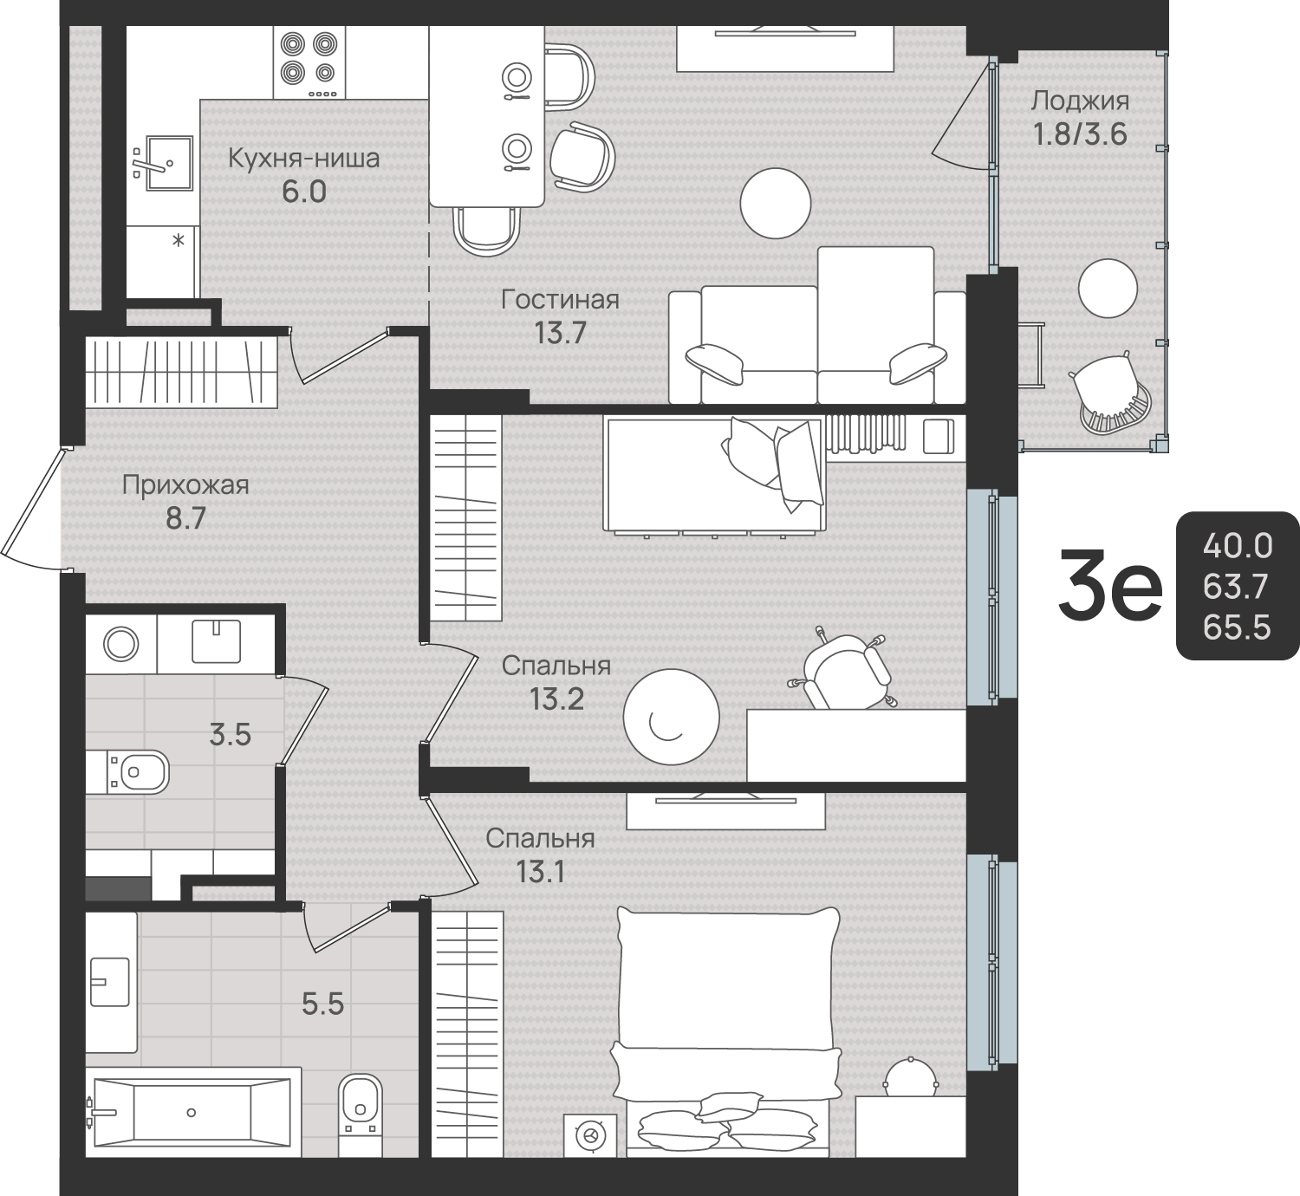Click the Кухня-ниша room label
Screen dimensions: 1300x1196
(304, 159)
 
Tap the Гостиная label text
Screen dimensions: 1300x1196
(561, 300)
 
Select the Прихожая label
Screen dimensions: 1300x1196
(186, 484)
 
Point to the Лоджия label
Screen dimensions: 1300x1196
(1080, 101)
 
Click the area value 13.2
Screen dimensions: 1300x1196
(556, 699)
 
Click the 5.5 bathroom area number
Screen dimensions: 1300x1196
(322, 1004)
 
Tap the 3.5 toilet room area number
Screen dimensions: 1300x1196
(230, 736)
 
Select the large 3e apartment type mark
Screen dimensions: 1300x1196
(1109, 585)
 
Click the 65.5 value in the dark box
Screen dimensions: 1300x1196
(1237, 628)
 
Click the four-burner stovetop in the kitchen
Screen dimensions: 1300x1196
(309, 62)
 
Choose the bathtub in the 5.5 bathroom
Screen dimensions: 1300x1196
(192, 1113)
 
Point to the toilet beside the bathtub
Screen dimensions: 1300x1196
(361, 1115)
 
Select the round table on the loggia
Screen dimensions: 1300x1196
(1108, 289)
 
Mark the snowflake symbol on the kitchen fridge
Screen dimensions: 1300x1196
(179, 240)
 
